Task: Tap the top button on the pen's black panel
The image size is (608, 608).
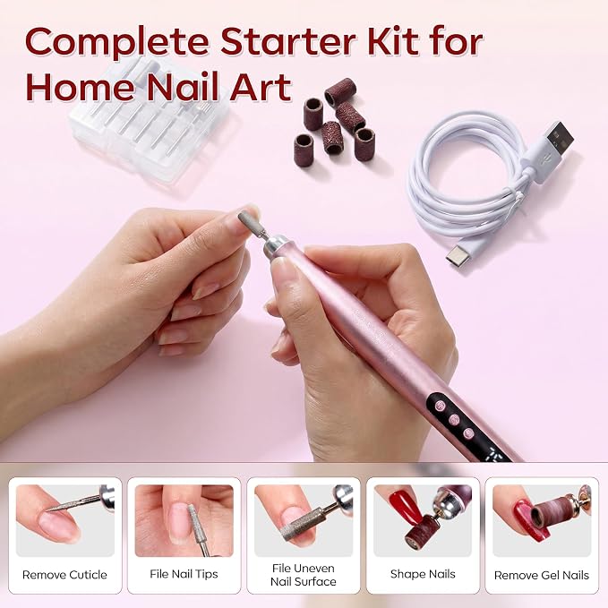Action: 439,406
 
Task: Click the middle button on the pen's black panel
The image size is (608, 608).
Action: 454,420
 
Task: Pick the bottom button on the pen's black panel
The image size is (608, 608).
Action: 468,433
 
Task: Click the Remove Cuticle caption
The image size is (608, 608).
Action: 64,575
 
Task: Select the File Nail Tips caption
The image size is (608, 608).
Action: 184,574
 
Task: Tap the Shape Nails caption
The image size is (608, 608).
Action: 423,574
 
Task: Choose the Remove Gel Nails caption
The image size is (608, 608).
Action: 542,575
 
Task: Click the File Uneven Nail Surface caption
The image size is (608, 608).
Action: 304,575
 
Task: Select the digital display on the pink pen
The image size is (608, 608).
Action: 494,455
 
